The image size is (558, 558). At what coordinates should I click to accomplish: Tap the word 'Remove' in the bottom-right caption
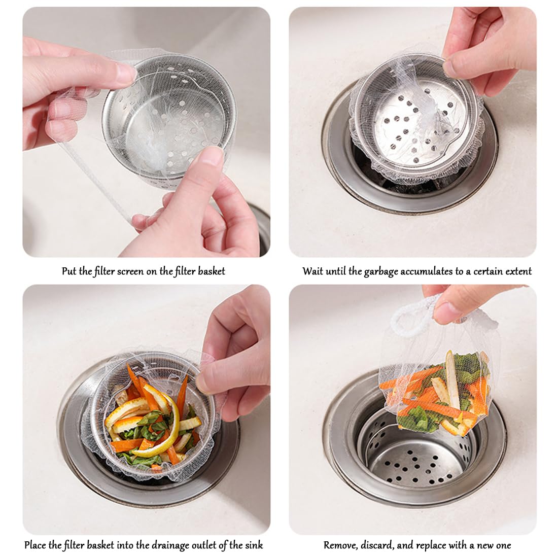coord(340,545)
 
